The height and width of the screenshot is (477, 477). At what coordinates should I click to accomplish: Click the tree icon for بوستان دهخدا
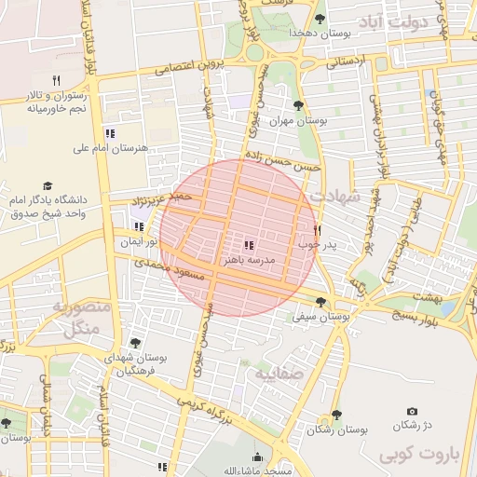320,19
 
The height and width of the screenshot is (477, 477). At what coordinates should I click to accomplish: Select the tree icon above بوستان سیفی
321,302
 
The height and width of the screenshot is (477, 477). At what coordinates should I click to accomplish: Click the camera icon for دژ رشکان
412,411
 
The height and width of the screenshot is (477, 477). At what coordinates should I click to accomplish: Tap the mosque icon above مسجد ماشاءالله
258,457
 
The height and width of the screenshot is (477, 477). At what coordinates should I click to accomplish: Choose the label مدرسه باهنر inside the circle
249,262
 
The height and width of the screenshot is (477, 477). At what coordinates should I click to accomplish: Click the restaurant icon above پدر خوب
317,229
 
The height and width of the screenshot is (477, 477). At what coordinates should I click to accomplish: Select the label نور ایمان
136,242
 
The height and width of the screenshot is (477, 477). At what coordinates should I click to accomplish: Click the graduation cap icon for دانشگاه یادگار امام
48,186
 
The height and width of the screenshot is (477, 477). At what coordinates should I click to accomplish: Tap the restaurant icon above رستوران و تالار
56,80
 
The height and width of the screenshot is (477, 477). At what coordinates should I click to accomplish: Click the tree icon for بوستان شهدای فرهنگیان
136,344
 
